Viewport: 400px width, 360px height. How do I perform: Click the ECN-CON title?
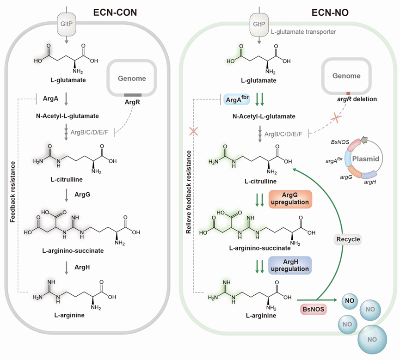coord(115,12)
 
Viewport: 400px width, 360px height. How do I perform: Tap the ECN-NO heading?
coord(330,12)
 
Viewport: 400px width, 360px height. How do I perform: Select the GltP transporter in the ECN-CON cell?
coord(66,24)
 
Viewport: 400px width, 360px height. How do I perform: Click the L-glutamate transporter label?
coord(303,32)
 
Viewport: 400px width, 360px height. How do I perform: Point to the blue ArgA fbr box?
coord(237,99)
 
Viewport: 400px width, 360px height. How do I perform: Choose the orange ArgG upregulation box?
coord(290,199)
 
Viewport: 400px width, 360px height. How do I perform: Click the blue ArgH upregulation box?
coord(290,265)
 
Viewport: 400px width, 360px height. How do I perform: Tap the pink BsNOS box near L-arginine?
coord(314,309)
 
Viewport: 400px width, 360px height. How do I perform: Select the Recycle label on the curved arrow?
coord(348,239)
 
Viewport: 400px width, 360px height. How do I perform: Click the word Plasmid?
coord(366,159)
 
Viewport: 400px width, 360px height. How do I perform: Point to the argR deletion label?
coord(357,99)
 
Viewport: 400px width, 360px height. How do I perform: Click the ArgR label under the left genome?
coord(132,102)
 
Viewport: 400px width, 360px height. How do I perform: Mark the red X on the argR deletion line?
coord(336,118)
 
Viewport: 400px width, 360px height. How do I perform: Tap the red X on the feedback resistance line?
coord(194,132)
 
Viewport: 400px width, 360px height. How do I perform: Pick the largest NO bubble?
coord(372,339)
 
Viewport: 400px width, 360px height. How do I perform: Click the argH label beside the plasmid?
coord(370,182)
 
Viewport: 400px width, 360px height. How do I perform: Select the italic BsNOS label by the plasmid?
coord(340,142)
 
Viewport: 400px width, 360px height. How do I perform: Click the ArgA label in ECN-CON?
coord(50,99)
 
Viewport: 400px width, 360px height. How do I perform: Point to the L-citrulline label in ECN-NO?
coord(260,182)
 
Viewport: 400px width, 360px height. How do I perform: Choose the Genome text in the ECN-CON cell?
coord(132,79)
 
